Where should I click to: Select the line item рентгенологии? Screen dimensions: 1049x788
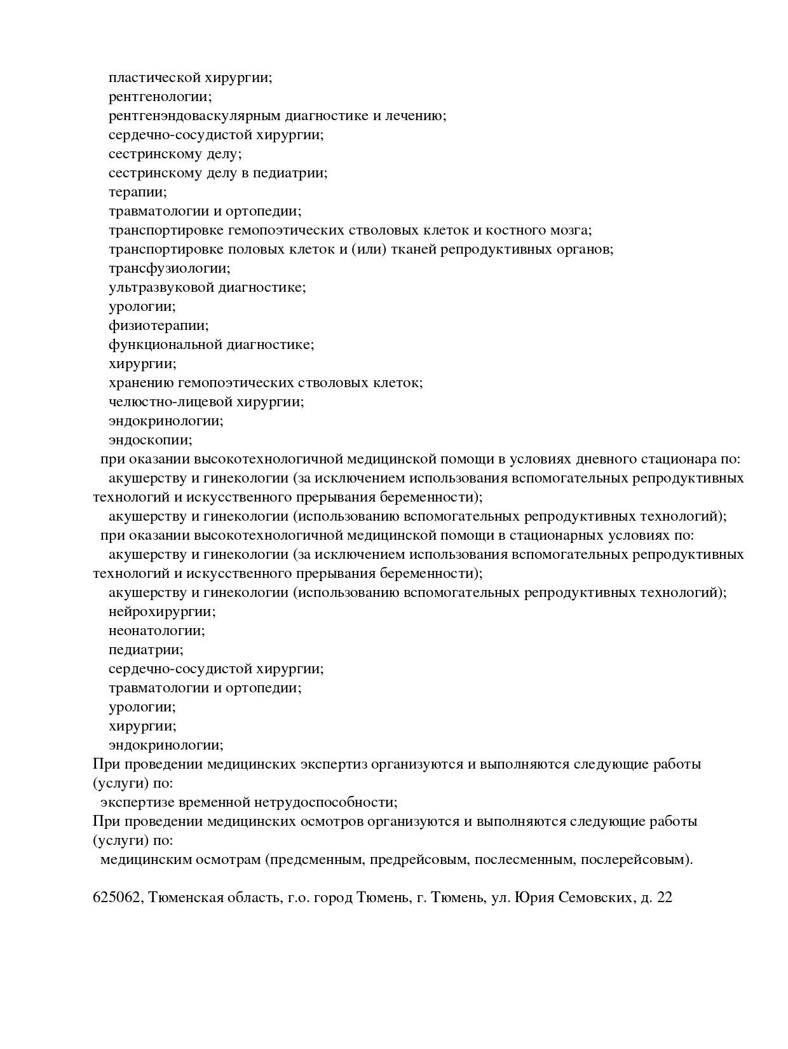pos(160,97)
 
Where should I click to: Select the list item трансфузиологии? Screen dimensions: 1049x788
pos(169,268)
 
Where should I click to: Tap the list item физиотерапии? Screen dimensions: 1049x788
pos(158,326)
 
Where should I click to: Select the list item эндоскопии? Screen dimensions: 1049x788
pos(150,440)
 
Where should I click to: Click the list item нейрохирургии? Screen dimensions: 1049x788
pos(162,612)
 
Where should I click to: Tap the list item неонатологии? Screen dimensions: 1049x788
pos(156,631)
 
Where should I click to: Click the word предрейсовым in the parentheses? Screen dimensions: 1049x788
pos(419,860)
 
